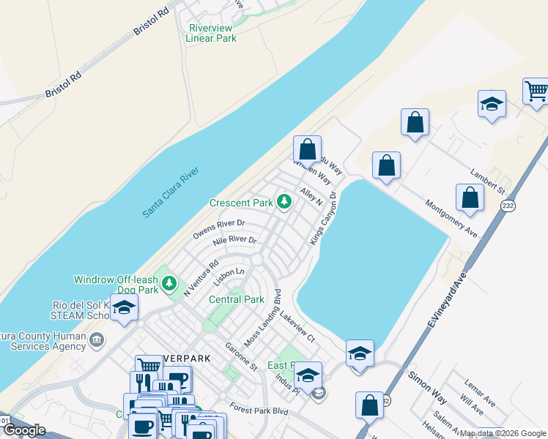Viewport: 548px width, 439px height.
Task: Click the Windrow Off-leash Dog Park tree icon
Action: [x=170, y=282]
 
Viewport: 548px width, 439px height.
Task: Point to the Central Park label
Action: [x=236, y=299]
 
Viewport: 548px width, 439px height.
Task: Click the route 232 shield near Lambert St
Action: [x=508, y=206]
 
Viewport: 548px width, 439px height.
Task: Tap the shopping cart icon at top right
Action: [x=536, y=91]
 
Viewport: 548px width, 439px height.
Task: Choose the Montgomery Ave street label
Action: [x=451, y=217]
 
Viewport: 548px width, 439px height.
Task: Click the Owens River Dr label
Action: [x=218, y=229]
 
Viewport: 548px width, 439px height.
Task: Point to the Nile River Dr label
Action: [x=234, y=241]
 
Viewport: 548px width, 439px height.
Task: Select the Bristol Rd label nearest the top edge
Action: [x=151, y=22]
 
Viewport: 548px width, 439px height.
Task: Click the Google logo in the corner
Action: [x=24, y=430]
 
